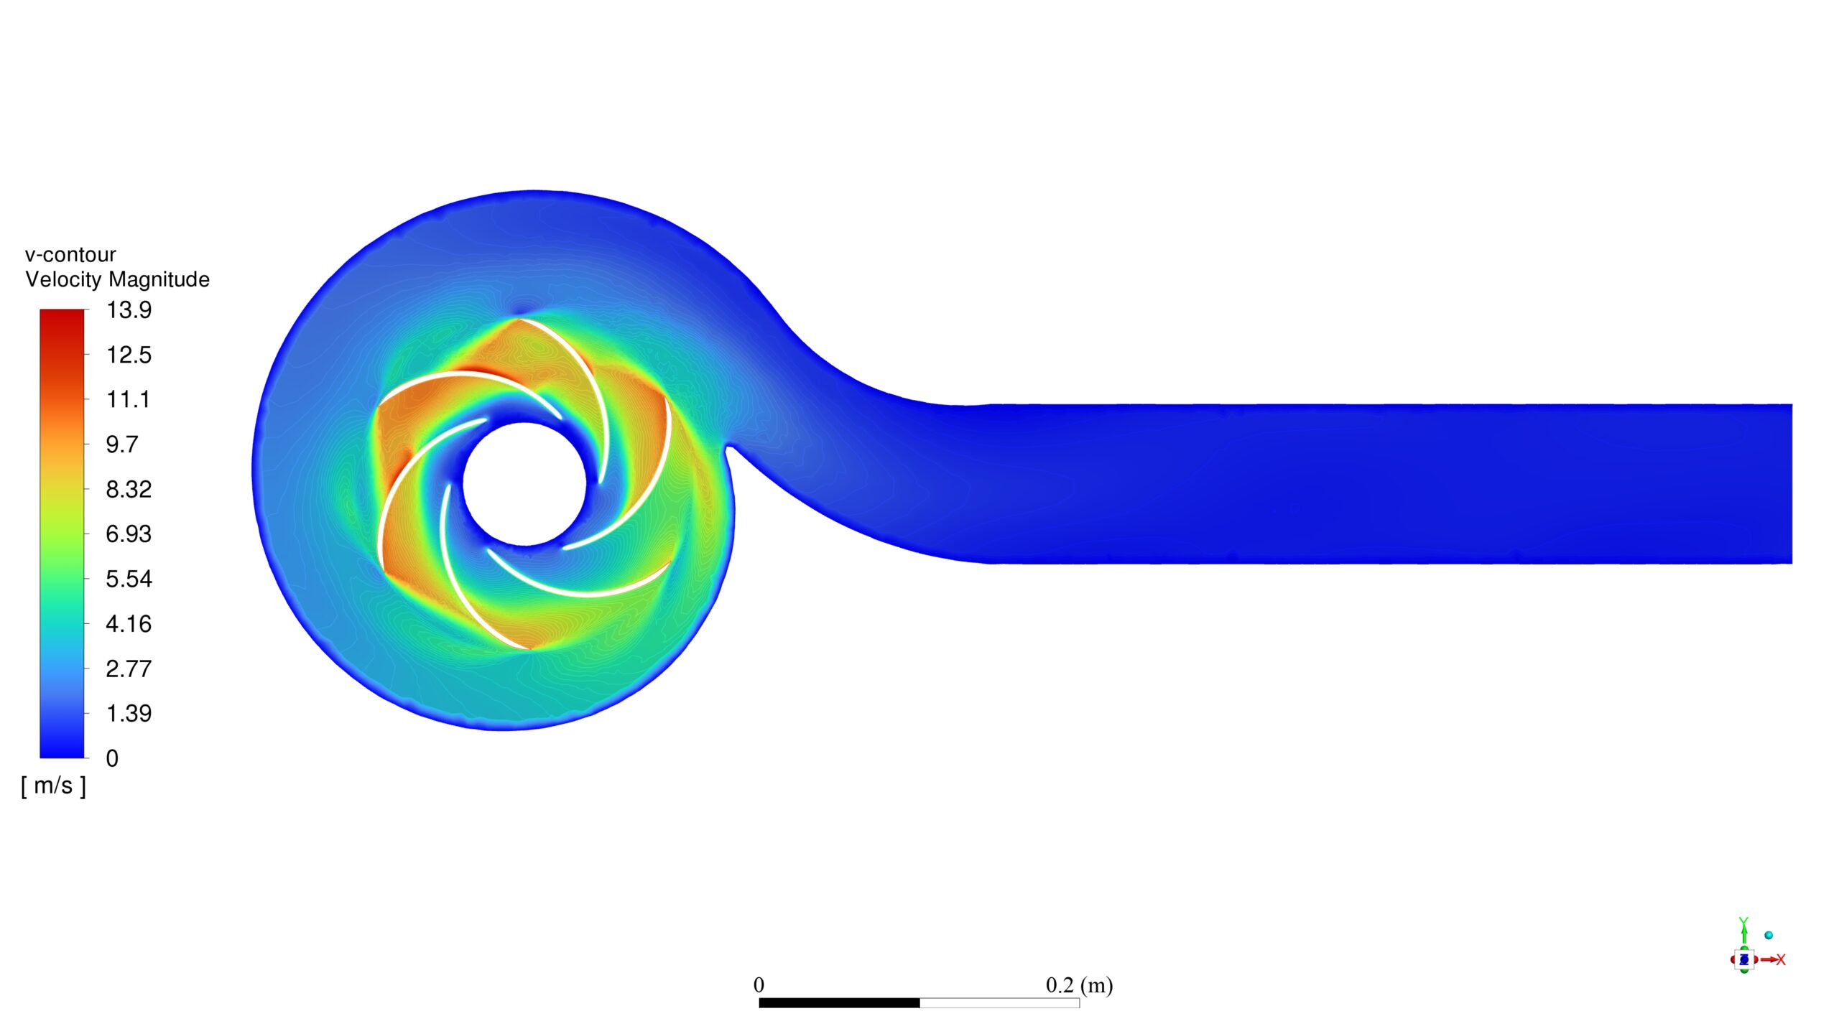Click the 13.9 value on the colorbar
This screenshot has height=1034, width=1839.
129,310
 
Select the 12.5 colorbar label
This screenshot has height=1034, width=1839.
129,355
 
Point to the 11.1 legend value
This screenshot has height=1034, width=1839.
129,399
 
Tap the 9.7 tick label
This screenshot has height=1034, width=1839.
122,444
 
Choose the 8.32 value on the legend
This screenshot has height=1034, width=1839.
129,490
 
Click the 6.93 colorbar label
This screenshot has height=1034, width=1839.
129,534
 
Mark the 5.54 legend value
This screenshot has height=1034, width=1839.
129,579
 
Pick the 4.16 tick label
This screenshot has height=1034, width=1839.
129,624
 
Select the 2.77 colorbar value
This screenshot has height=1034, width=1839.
129,669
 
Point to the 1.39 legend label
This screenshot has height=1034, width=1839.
129,714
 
